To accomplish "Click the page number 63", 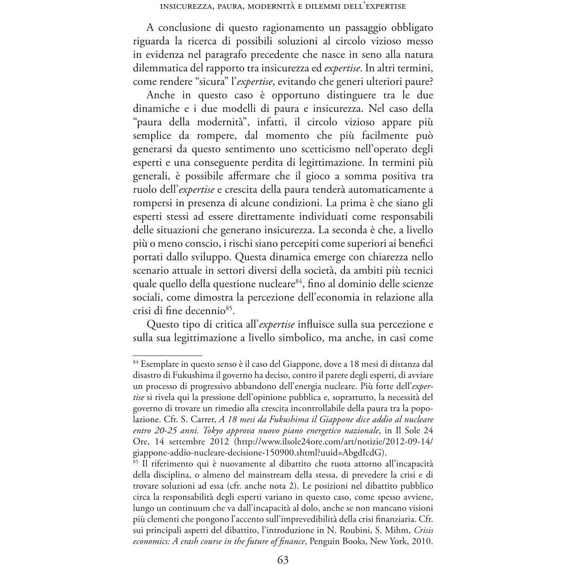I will [x=283, y=560].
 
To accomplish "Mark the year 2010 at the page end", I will [x=422, y=541].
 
